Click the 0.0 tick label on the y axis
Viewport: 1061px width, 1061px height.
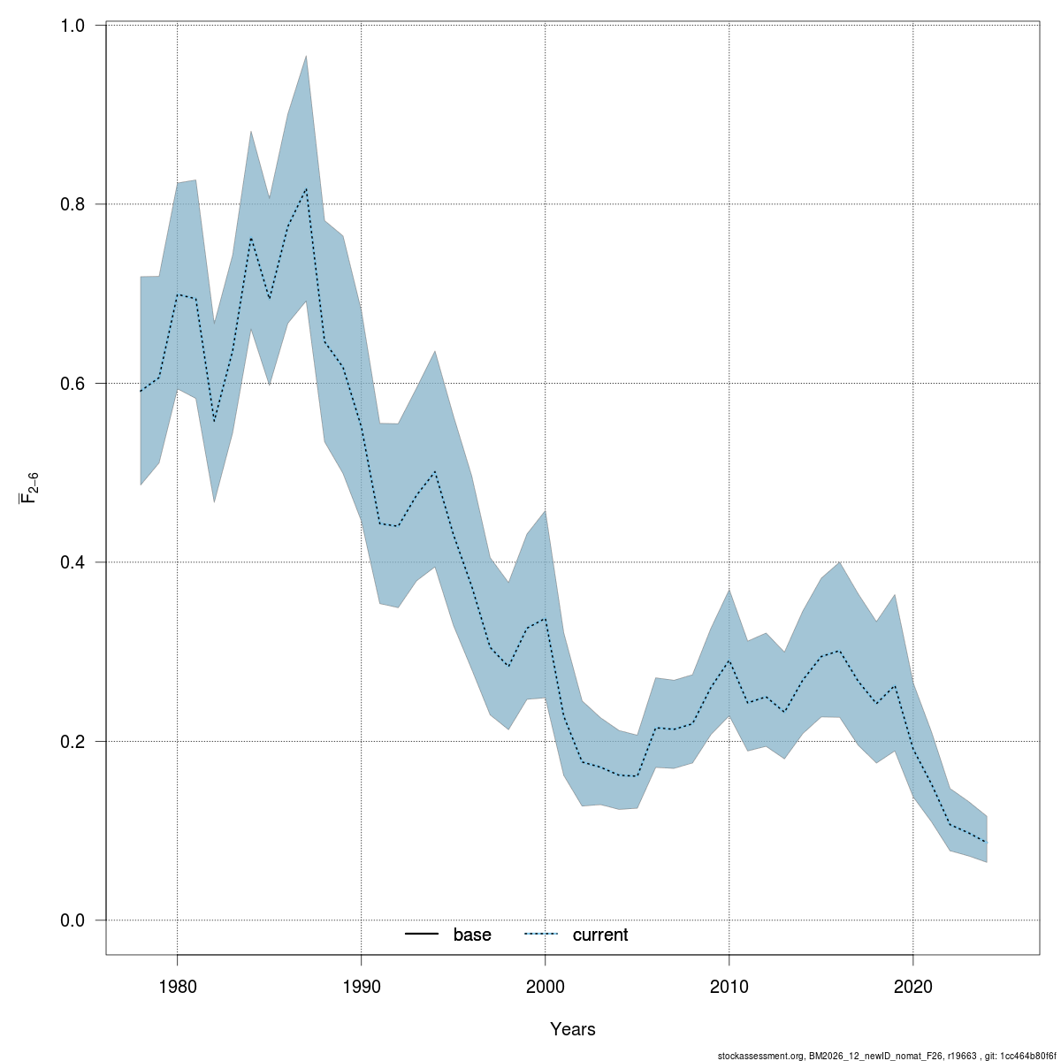click(x=72, y=920)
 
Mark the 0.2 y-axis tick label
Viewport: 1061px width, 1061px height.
click(x=72, y=741)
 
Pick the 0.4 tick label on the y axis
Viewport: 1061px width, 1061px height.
click(x=72, y=562)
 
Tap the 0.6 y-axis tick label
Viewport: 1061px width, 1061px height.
click(x=72, y=383)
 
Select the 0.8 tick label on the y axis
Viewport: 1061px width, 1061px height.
click(x=72, y=204)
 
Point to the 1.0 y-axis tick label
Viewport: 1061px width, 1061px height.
click(x=72, y=26)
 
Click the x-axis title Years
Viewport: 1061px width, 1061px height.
click(x=572, y=1029)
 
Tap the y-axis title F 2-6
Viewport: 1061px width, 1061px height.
click(x=29, y=487)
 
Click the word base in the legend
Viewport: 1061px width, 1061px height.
click(x=472, y=935)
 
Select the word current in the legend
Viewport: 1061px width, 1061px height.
click(x=600, y=935)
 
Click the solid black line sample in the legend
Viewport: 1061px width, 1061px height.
click(x=423, y=935)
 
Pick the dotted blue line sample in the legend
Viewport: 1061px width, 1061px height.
click(x=542, y=935)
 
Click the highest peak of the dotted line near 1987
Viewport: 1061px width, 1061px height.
click(x=306, y=188)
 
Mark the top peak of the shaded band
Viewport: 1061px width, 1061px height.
click(x=306, y=56)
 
